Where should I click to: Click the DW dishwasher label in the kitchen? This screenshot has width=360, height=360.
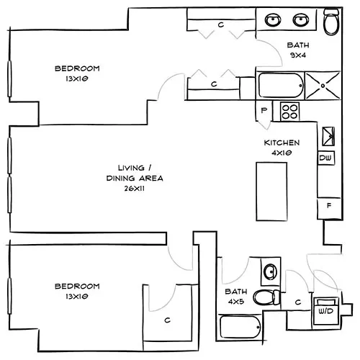(326, 158)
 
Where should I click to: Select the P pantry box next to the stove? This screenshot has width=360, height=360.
(264, 110)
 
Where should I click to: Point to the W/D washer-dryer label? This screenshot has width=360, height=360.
(326, 312)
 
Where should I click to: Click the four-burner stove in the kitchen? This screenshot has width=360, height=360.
(289, 111)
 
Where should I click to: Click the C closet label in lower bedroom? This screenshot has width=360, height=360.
(166, 320)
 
